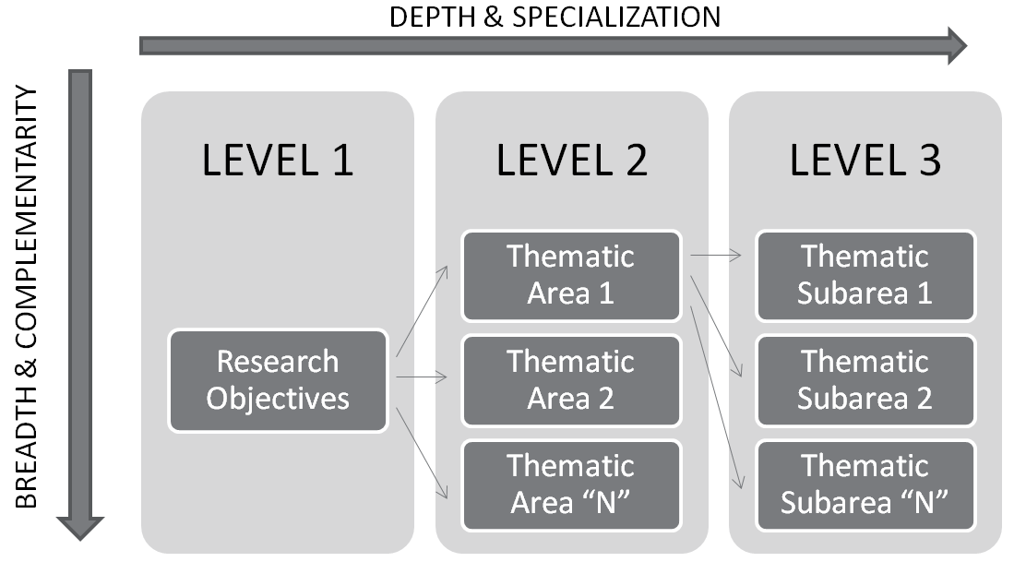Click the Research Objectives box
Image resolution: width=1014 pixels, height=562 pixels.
coord(278,380)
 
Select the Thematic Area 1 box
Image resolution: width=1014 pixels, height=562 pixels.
coord(571,275)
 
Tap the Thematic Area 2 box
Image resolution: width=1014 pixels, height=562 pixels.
coord(571,380)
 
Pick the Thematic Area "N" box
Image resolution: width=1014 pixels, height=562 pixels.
coord(571,484)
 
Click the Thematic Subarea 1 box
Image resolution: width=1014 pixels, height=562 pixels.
coord(865,275)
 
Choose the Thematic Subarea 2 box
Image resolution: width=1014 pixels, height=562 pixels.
coord(865,380)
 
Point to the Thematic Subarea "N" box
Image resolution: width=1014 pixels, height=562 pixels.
coord(865,484)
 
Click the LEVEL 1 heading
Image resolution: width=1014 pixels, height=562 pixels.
coord(278,161)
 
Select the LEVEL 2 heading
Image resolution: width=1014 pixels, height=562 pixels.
coord(572,161)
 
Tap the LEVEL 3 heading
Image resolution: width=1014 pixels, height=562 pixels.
coord(865,161)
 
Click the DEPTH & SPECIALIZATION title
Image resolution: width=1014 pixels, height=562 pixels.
coord(555,17)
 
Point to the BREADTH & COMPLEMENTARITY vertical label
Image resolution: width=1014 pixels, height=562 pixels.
coord(28,297)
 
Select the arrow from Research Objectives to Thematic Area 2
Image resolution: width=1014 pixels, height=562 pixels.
coord(422,377)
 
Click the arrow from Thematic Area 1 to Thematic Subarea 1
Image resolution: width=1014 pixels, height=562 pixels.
coord(716,256)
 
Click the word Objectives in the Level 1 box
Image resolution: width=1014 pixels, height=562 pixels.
coord(278,399)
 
